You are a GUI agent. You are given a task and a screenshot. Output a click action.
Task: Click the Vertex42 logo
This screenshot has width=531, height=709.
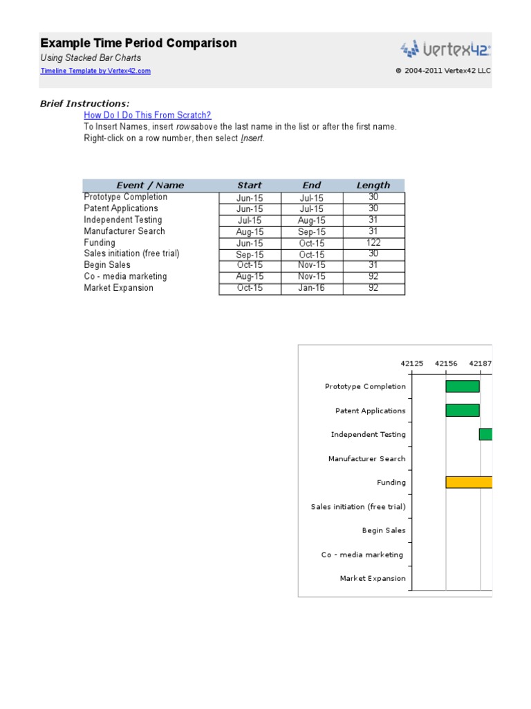446,49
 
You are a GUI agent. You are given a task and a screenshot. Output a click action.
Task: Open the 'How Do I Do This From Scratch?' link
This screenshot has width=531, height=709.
147,115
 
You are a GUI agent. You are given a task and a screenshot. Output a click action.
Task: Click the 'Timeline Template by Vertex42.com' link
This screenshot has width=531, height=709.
95,71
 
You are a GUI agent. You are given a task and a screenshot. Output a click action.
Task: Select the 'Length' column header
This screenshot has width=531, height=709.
373,185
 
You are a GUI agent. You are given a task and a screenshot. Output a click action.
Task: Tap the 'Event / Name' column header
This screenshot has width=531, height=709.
150,185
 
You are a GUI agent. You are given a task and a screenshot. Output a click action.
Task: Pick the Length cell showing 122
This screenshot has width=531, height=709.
373,243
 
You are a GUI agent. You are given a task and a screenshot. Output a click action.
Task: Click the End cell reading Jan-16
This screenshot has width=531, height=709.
312,288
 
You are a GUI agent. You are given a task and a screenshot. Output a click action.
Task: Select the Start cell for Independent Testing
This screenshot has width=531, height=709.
250,220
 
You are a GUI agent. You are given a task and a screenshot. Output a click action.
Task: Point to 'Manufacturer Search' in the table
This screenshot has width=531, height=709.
124,231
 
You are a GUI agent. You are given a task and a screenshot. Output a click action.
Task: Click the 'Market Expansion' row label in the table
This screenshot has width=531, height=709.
119,288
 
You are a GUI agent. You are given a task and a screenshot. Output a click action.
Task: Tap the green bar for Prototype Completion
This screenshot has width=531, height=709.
463,386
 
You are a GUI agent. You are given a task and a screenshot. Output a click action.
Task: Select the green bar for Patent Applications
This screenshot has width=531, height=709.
463,411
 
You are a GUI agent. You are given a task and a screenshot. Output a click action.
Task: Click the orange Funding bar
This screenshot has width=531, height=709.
469,483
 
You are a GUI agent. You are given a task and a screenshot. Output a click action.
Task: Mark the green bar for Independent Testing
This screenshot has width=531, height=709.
485,434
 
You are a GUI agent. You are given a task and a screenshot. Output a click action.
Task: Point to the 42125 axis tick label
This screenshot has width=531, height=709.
412,363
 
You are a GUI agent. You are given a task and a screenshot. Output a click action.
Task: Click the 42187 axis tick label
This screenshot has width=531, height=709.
481,363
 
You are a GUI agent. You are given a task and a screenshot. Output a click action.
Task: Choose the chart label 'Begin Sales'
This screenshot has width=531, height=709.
384,530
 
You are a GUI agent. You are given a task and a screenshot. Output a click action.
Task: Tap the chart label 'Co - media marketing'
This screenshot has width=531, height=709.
362,555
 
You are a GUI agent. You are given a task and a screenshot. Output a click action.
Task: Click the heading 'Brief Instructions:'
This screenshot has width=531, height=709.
84,103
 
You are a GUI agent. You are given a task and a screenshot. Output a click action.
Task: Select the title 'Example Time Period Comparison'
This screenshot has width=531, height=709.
138,43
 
